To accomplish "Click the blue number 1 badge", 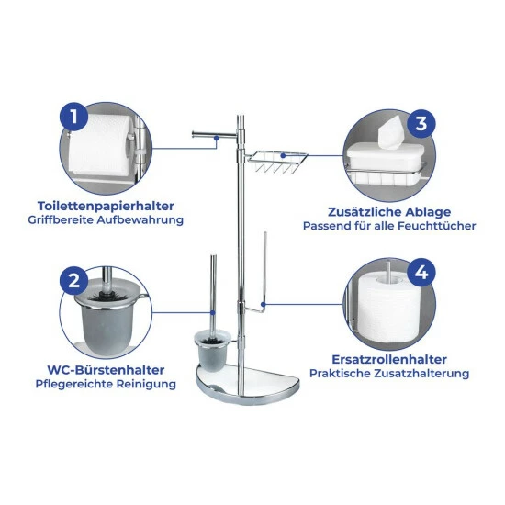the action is coord(74,117).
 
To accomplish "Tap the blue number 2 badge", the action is coord(74,280).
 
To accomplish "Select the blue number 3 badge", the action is coord(421,124).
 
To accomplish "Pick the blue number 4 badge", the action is coord(421,273).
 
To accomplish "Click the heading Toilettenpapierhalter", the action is coord(106,206).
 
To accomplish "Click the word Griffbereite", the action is coord(61,220).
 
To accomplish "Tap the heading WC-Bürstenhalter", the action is coord(106,370).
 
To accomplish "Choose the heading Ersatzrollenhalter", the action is coord(389,359).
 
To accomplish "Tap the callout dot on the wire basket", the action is coord(283,155).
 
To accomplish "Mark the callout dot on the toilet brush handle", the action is coord(213,312).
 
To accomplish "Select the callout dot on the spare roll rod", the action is coord(264,304).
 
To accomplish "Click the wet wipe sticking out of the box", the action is coord(391,132).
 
